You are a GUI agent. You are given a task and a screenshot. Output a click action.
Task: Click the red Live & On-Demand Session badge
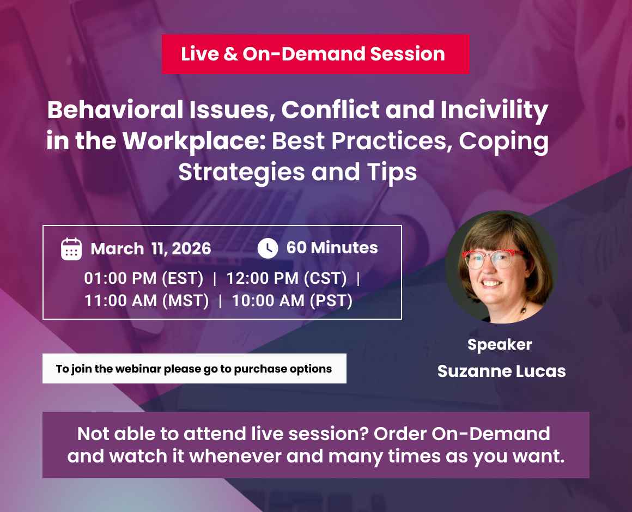315,54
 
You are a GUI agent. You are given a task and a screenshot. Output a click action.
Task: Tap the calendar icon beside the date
71,249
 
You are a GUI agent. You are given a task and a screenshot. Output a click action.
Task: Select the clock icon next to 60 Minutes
268,248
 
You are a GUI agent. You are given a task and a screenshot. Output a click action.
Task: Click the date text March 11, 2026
151,249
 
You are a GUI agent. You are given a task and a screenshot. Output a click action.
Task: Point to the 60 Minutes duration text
332,248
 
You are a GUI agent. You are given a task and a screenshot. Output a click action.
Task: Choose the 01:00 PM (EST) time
143,278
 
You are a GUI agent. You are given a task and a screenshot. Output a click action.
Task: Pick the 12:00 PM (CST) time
287,278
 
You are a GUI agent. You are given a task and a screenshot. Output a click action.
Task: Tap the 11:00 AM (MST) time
147,301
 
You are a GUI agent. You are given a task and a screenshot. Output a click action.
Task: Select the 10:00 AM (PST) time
292,301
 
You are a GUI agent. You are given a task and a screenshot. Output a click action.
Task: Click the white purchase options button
194,369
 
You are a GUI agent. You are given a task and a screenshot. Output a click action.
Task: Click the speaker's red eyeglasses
493,257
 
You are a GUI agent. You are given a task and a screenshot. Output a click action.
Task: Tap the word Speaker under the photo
500,344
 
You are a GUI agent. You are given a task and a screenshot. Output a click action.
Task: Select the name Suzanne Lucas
501,371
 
